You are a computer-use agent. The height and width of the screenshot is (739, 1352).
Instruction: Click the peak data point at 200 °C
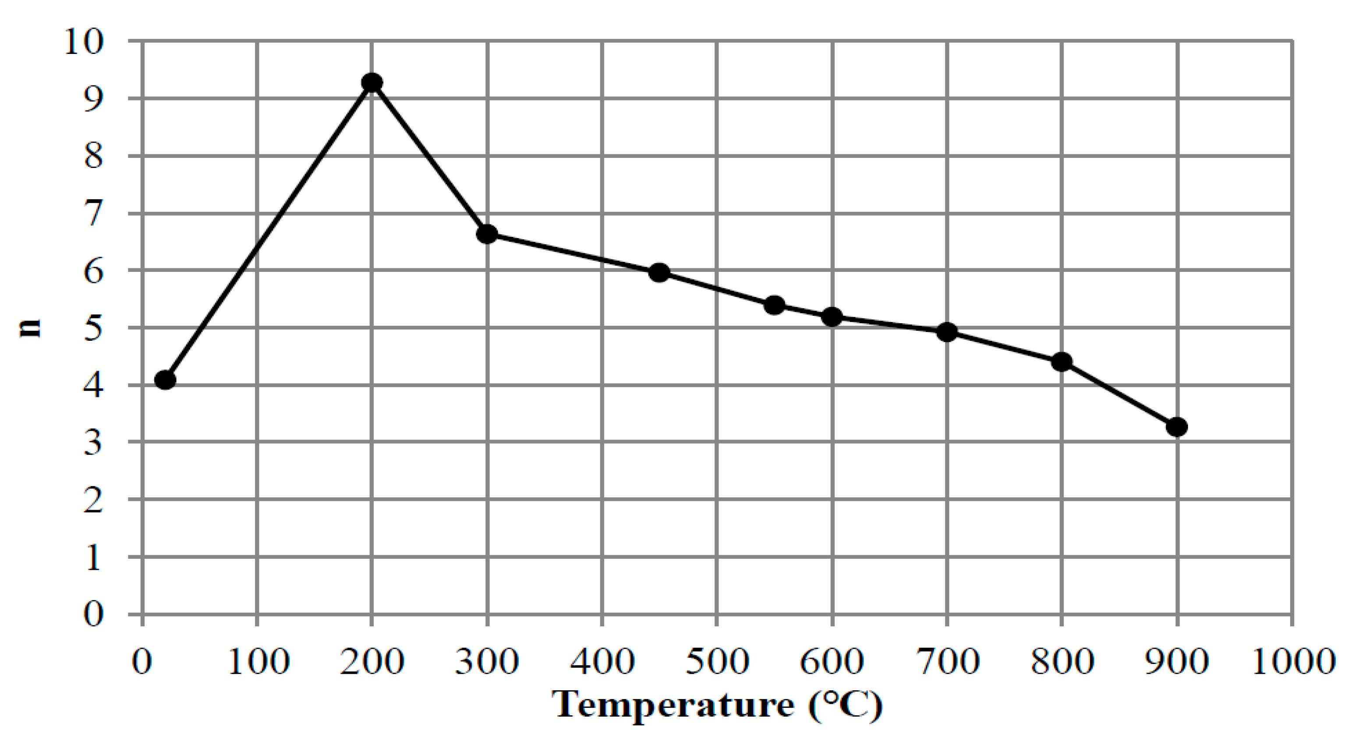tap(372, 82)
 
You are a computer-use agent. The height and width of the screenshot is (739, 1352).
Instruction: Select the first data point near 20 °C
tap(165, 379)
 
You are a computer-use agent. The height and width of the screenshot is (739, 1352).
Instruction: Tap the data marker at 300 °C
tap(487, 234)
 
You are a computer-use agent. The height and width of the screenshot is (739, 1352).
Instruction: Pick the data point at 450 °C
tap(659, 273)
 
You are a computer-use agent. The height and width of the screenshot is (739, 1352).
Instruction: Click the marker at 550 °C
tap(775, 305)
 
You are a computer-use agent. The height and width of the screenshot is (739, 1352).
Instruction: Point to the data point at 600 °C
tap(832, 317)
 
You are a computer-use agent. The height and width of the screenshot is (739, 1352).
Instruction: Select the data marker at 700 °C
tap(947, 332)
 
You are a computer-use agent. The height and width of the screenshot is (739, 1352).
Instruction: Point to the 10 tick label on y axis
tap(84, 42)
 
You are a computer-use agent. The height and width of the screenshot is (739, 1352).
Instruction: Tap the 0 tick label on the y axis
tap(93, 614)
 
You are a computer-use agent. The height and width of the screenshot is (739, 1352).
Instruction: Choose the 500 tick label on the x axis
tap(717, 662)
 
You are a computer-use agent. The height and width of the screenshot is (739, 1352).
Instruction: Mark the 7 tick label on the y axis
tap(93, 214)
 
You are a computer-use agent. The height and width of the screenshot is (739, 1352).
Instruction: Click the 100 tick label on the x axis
tap(258, 662)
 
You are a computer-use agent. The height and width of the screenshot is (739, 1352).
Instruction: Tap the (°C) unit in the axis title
tap(846, 705)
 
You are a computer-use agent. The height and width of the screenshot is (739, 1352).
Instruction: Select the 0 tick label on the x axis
tap(142, 662)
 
